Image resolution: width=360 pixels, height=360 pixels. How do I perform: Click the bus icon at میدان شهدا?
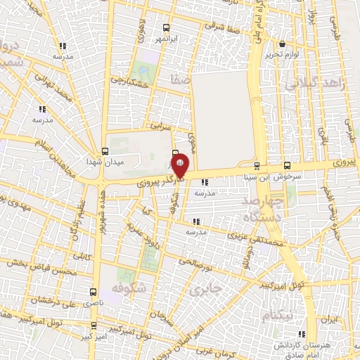[x=105, y=150]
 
